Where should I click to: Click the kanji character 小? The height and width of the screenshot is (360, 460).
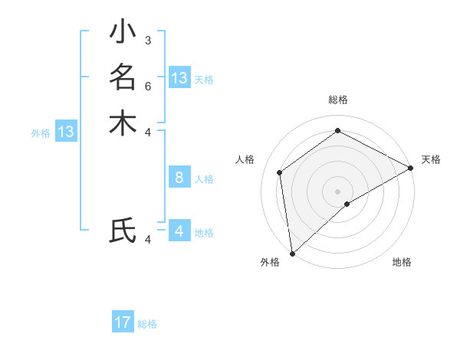(x=123, y=34)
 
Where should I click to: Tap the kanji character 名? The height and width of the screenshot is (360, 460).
(x=123, y=77)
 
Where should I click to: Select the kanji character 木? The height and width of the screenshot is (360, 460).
(x=123, y=123)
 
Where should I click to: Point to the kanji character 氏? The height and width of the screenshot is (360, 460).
(x=123, y=231)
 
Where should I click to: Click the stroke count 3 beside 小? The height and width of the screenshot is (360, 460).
(x=147, y=40)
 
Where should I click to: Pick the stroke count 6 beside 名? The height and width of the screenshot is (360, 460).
(x=147, y=86)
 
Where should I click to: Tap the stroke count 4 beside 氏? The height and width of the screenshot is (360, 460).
(x=147, y=240)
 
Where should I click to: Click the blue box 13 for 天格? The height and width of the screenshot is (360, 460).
(x=179, y=78)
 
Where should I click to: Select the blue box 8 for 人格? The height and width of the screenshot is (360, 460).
(x=179, y=178)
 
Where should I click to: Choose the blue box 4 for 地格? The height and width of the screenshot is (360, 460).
(x=179, y=231)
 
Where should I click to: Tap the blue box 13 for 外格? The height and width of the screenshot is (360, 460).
(x=66, y=132)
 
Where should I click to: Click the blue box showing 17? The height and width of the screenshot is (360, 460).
(x=123, y=322)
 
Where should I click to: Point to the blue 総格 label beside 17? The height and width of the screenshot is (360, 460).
(x=148, y=324)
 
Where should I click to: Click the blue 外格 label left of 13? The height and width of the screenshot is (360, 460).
(x=41, y=133)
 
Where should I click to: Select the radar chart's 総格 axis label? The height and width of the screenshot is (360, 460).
(x=338, y=100)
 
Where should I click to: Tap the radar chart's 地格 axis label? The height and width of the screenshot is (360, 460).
(x=402, y=263)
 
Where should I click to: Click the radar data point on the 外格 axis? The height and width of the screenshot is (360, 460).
(x=292, y=253)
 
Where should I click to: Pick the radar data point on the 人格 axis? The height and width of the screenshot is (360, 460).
(x=280, y=172)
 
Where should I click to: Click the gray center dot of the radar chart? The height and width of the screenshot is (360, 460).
(x=338, y=191)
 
